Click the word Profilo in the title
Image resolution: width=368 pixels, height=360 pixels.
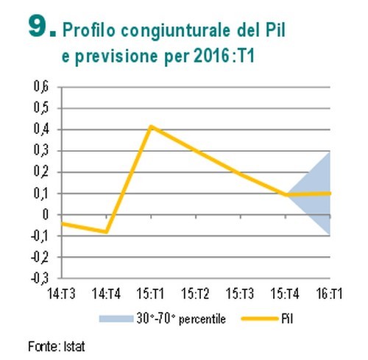click(x=89, y=30)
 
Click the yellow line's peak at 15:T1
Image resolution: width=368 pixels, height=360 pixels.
click(x=151, y=127)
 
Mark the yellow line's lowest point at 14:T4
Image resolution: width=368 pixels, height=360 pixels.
click(x=107, y=232)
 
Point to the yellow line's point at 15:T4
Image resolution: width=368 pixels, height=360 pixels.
click(x=286, y=195)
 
